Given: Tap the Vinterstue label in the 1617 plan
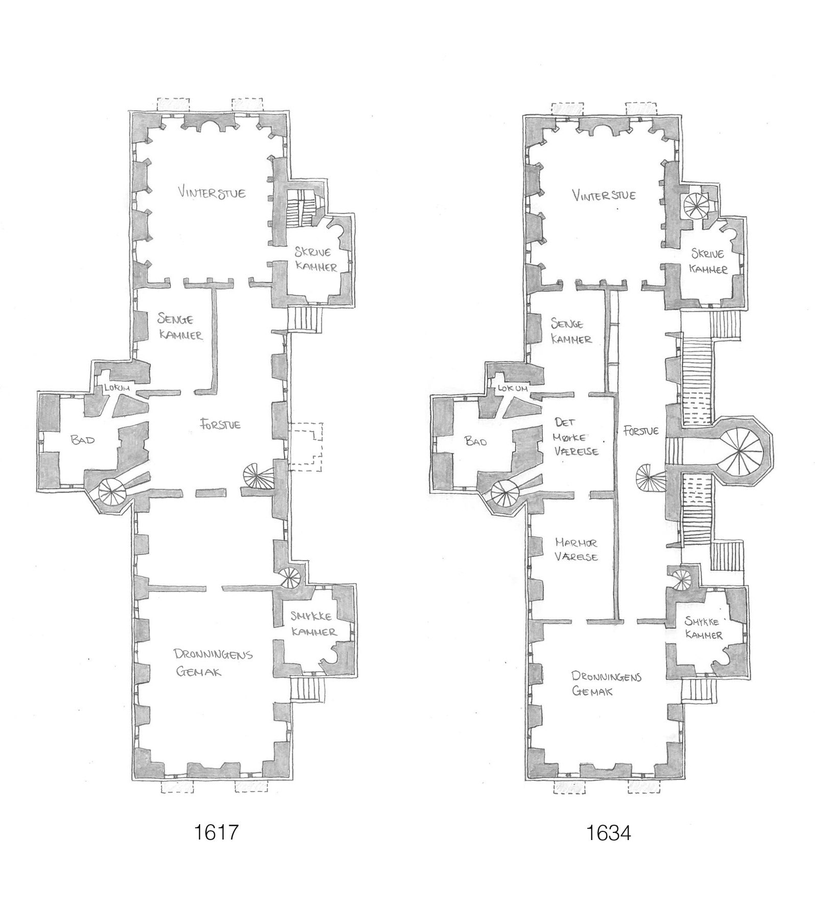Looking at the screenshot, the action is click(211, 193).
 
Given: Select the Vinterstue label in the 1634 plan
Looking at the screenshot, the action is click(604, 195).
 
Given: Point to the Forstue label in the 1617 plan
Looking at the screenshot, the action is click(220, 425).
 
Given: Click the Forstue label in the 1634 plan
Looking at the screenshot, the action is click(641, 430).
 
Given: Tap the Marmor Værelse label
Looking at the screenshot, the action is click(576, 550).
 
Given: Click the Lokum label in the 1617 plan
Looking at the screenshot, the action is click(116, 389).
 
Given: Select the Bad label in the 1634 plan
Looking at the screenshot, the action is click(476, 441).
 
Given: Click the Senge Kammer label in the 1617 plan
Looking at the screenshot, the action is click(180, 327).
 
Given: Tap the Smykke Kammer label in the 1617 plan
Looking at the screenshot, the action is click(314, 625).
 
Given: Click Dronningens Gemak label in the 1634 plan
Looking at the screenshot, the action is click(606, 684).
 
